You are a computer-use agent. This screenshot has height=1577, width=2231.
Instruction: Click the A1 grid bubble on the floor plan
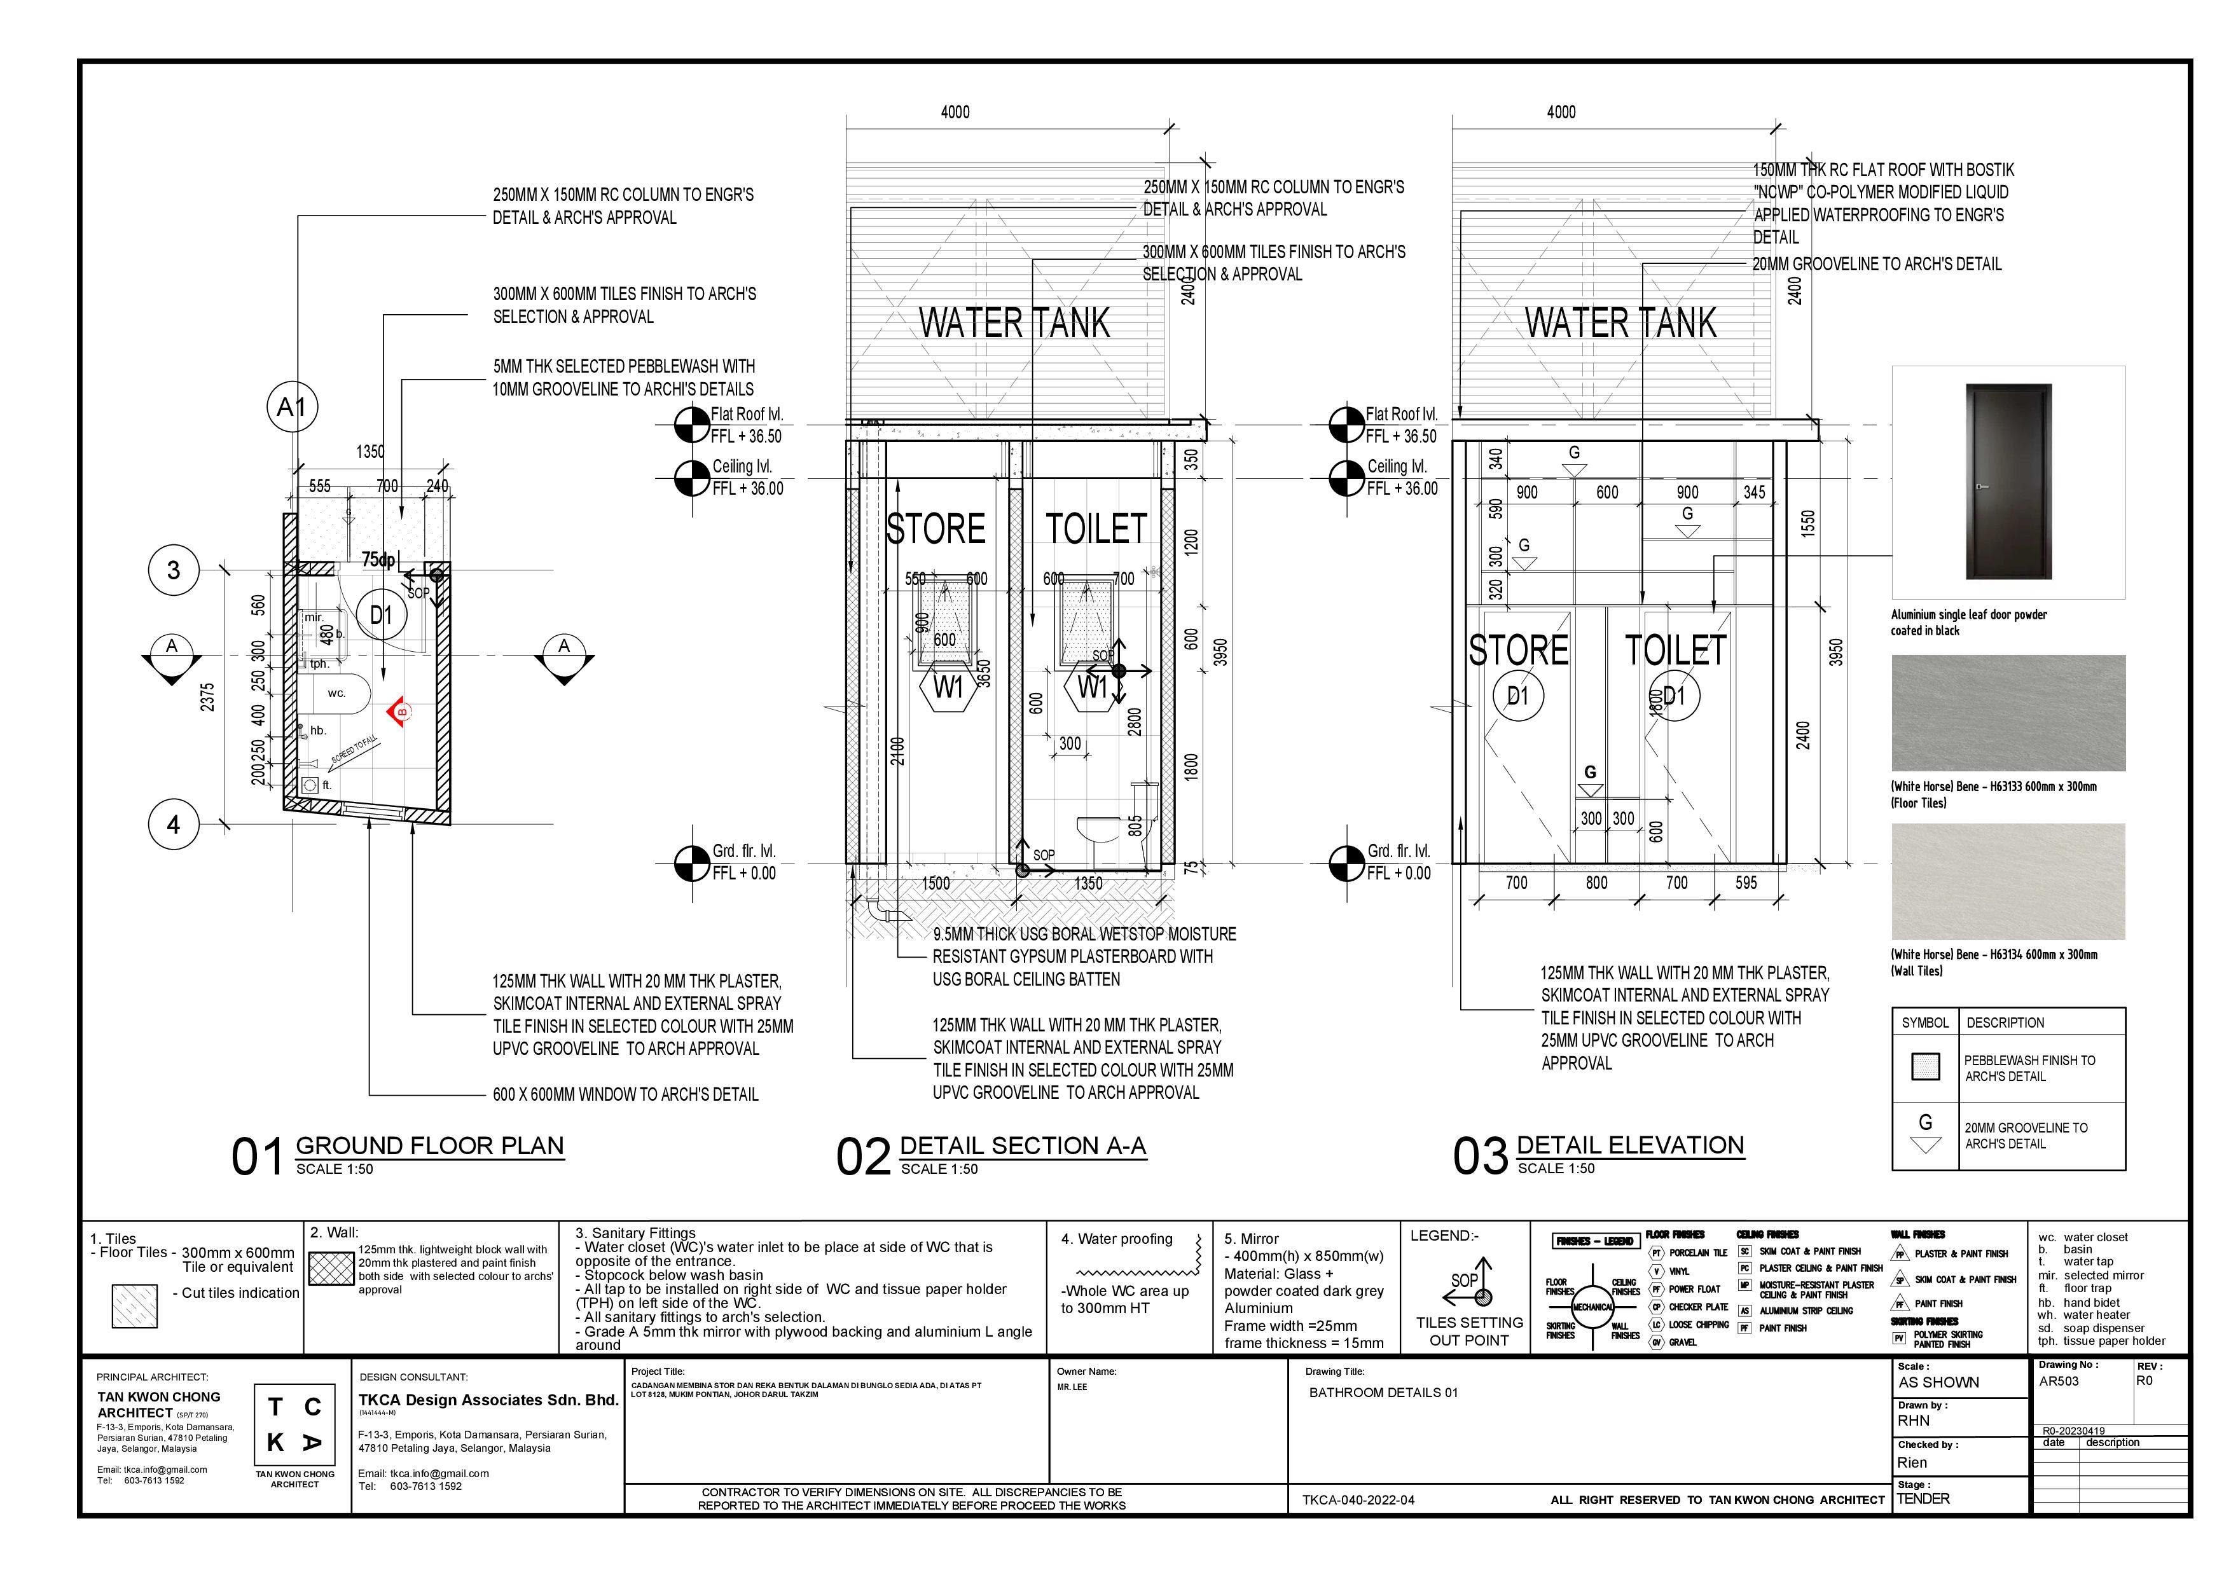coord(291,407)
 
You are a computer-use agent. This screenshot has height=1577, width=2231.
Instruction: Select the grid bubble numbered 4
coord(173,825)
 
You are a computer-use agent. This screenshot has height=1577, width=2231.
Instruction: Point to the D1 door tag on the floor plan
coord(381,614)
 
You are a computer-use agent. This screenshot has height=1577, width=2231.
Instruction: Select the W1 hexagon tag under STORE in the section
coord(948,688)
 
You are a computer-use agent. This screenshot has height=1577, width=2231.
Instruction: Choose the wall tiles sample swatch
coord(2008,881)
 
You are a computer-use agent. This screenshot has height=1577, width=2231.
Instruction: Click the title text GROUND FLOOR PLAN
coord(429,1146)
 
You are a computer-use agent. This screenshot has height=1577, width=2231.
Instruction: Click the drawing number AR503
coord(2059,1381)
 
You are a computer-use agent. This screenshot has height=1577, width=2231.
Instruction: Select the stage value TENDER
coord(1923,1498)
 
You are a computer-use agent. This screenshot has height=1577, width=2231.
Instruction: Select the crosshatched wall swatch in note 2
coord(330,1269)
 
